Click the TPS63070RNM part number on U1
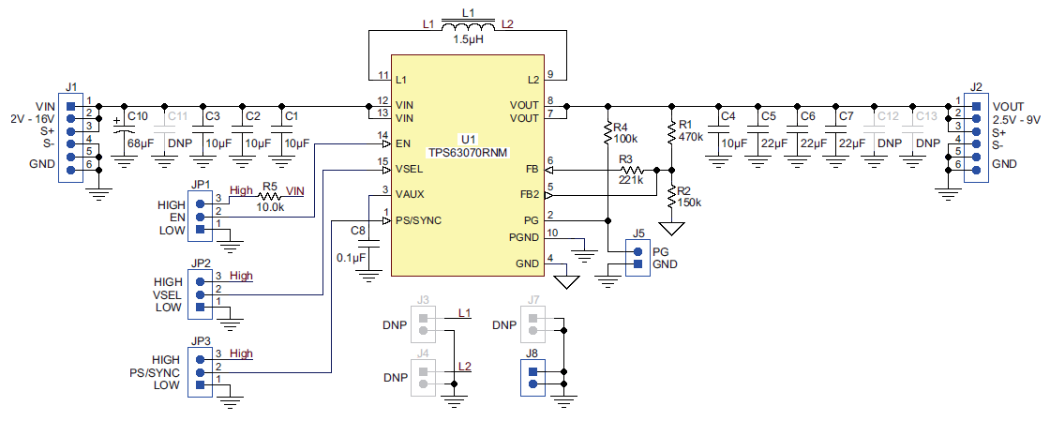pyautogui.click(x=468, y=151)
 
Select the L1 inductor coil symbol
pyautogui.click(x=468, y=28)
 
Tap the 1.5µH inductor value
pyautogui.click(x=469, y=40)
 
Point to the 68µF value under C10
pyautogui.click(x=140, y=143)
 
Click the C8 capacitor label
pyautogui.click(x=357, y=231)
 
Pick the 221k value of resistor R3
pyautogui.click(x=631, y=180)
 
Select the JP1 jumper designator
pyautogui.click(x=200, y=185)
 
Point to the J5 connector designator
pyautogui.click(x=639, y=233)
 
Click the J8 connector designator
pyautogui.click(x=532, y=354)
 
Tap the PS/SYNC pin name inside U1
pyautogui.click(x=418, y=220)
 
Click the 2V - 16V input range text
pyautogui.click(x=34, y=119)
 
